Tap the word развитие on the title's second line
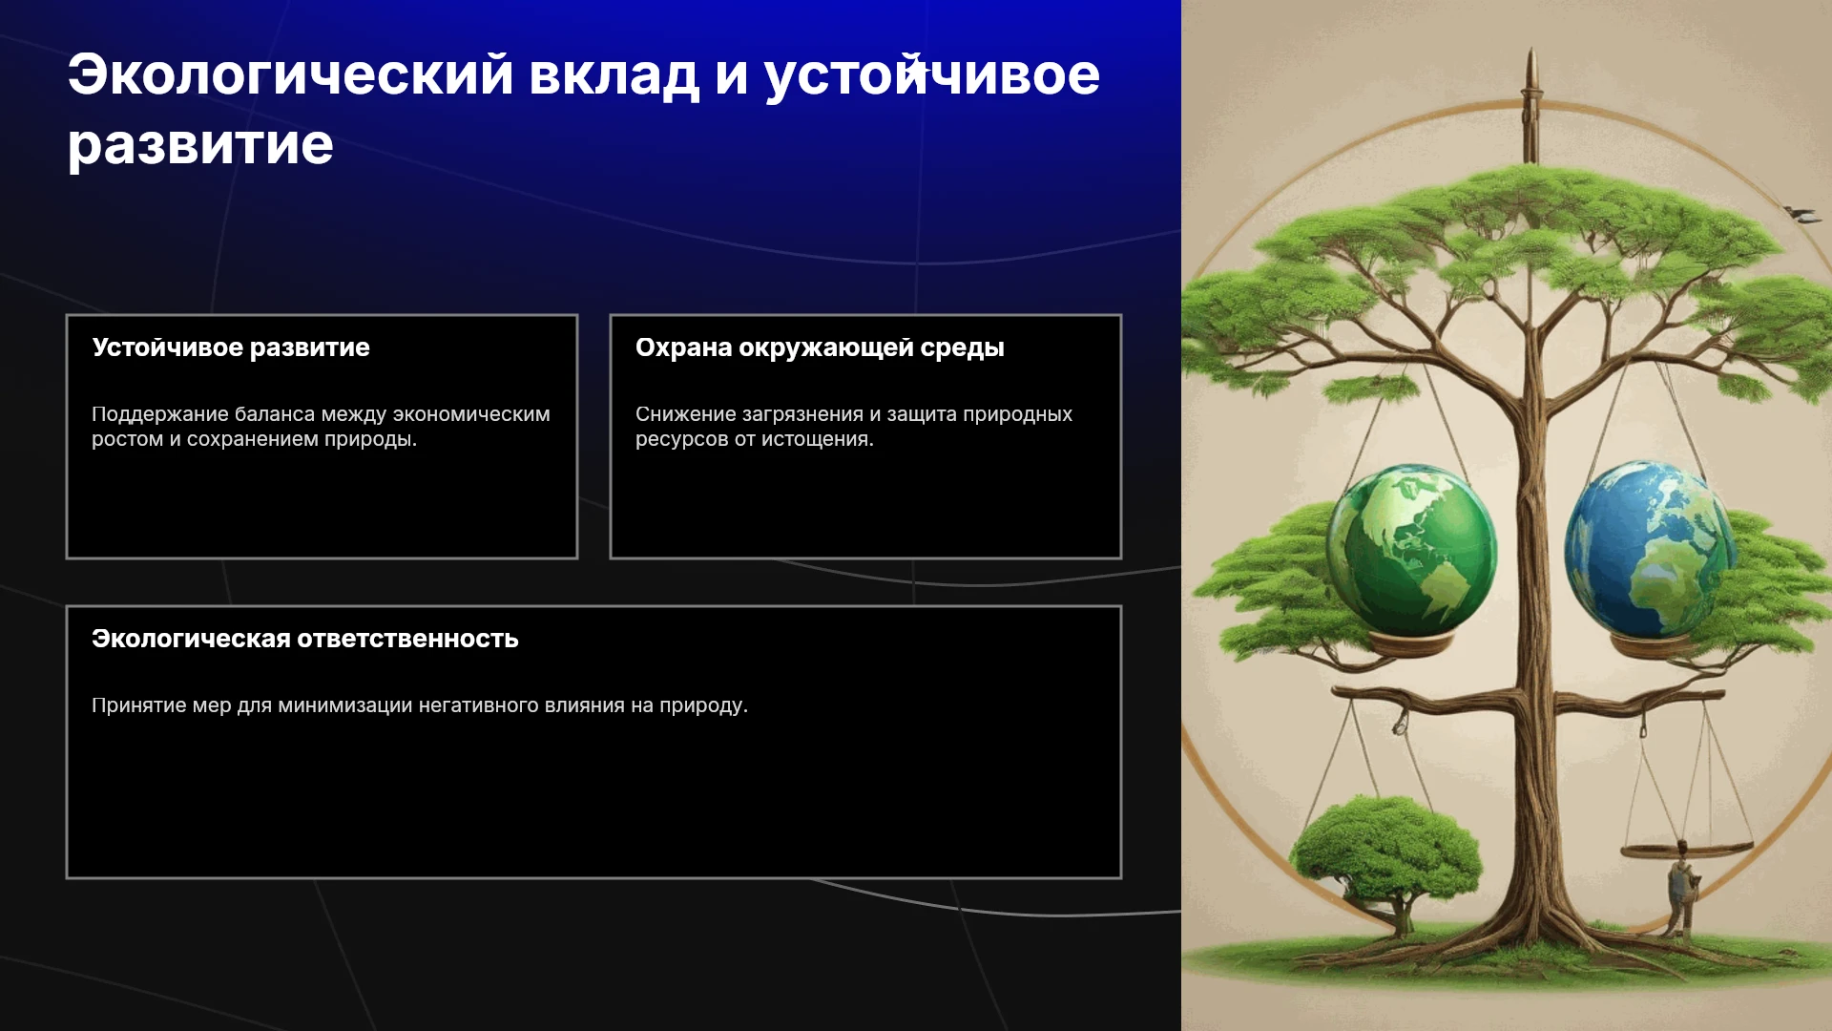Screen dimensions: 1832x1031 pos(200,146)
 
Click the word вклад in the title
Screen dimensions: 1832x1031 pos(614,74)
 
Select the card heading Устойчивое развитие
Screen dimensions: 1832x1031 pos(231,347)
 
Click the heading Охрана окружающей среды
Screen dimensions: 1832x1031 pos(820,347)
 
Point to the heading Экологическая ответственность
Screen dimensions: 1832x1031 pos(305,639)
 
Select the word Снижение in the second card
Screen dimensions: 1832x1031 pos(680,414)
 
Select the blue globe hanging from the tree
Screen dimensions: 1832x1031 pos(1649,549)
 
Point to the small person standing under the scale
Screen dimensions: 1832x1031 pos(1682,889)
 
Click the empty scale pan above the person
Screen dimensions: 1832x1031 pos(1687,849)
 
